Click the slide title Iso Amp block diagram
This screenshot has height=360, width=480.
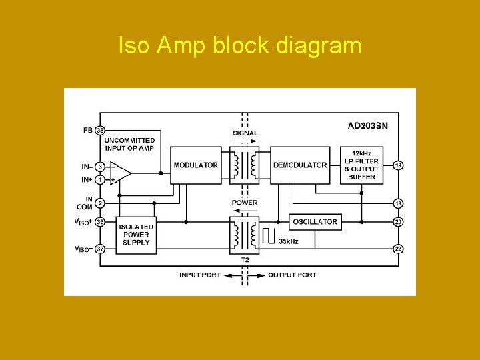click(x=239, y=46)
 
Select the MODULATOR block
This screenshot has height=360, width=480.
click(x=195, y=165)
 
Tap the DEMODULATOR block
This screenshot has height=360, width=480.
click(x=300, y=165)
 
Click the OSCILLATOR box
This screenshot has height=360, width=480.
click(x=315, y=221)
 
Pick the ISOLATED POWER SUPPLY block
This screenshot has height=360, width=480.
click(x=136, y=235)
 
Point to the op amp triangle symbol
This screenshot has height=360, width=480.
click(x=121, y=173)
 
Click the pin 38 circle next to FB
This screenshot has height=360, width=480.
click(x=100, y=130)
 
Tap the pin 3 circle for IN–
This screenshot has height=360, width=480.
click(x=100, y=166)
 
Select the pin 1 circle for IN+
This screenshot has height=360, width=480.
click(x=100, y=179)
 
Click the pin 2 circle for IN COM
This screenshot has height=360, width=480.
click(x=100, y=203)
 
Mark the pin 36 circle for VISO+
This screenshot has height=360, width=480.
click(x=100, y=221)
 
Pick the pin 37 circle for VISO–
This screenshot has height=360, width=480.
click(x=100, y=249)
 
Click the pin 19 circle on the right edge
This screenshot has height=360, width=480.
click(x=398, y=165)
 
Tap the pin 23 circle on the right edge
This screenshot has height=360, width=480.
click(x=398, y=221)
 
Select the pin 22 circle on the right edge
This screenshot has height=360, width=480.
click(x=398, y=248)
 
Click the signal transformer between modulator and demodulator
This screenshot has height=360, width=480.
click(x=245, y=165)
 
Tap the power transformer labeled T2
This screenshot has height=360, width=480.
click(x=245, y=234)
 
